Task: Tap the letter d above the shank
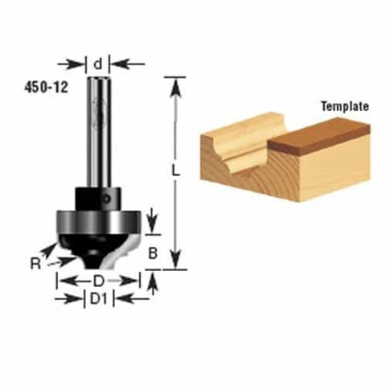coord(97,63)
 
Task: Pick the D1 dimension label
coord(98,298)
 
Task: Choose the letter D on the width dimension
coord(98,281)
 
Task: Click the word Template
coord(344,106)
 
